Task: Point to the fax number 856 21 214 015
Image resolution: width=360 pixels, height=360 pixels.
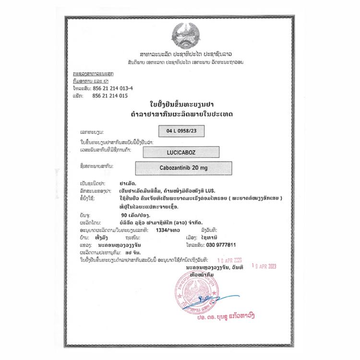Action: click(109, 96)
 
